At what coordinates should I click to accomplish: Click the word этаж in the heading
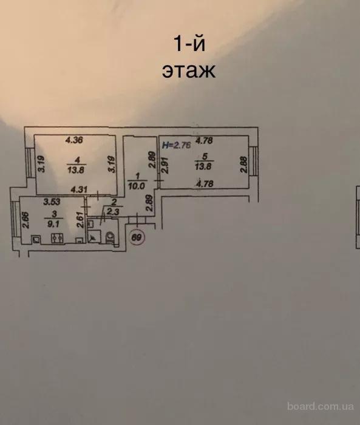(189, 70)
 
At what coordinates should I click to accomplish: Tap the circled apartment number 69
(137, 238)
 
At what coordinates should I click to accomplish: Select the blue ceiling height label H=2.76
(176, 145)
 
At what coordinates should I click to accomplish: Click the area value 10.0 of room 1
(137, 186)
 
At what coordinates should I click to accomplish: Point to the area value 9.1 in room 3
(53, 224)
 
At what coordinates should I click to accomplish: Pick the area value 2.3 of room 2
(113, 212)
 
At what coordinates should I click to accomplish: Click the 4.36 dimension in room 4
(74, 140)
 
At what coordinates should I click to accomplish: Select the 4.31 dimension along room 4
(79, 189)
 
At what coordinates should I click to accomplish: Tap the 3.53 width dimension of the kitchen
(52, 202)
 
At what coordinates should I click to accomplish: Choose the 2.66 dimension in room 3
(25, 220)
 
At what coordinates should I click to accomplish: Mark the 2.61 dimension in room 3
(80, 220)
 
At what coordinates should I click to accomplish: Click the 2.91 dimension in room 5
(165, 165)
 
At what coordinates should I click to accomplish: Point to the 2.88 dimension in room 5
(243, 165)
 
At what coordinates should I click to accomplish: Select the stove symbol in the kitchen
(57, 239)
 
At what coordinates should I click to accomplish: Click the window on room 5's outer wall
(254, 160)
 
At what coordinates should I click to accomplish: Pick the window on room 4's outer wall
(30, 163)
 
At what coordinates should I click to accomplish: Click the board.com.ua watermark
(321, 407)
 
